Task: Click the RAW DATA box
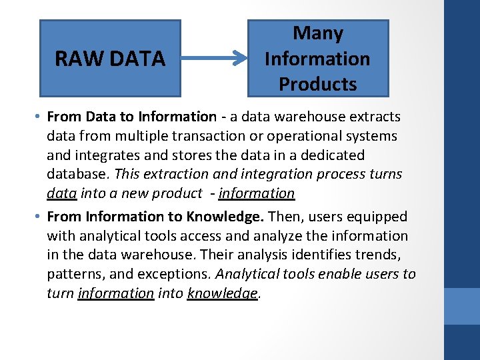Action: [110, 59]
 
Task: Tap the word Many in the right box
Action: [318, 33]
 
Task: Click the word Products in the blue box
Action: [318, 85]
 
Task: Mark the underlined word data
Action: [61, 193]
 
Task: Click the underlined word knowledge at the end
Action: [222, 293]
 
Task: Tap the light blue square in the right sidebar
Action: [462, 306]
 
